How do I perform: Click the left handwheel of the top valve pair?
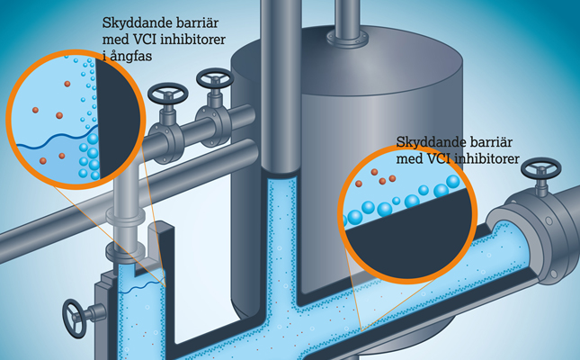[167, 94]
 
